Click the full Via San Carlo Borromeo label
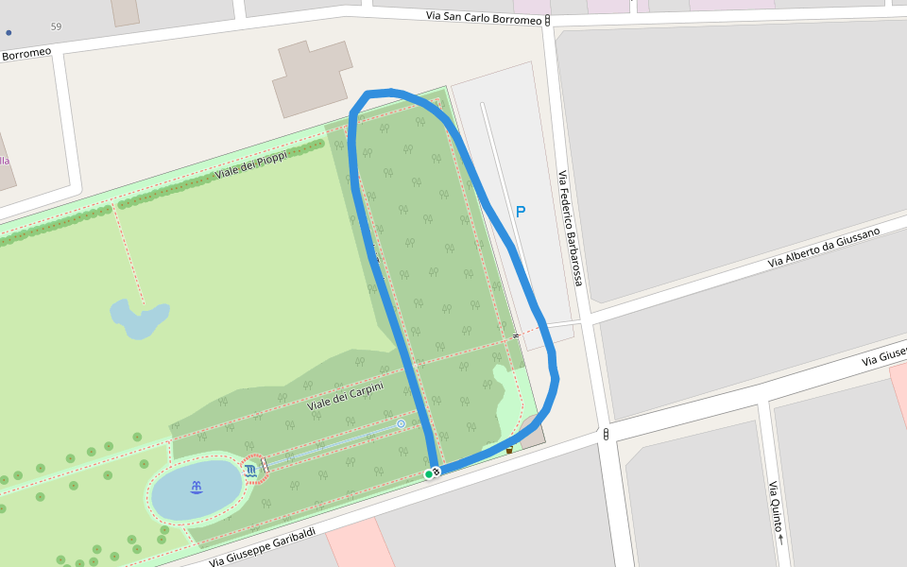pos(484,18)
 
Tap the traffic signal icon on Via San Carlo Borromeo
pos(548,19)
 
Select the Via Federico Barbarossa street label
pos(570,229)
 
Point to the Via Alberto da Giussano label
pos(823,247)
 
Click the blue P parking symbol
pos(520,212)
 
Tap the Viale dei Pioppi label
pos(250,165)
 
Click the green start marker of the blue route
pos(428,473)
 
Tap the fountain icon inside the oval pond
pos(197,488)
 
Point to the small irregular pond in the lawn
pos(138,318)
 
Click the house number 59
pos(56,26)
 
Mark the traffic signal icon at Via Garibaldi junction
pos(605,434)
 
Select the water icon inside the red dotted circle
pos(250,470)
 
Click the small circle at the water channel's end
pos(401,424)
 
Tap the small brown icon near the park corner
pos(509,449)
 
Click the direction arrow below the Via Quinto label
pos(780,540)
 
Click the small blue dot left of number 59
pos(9,32)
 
